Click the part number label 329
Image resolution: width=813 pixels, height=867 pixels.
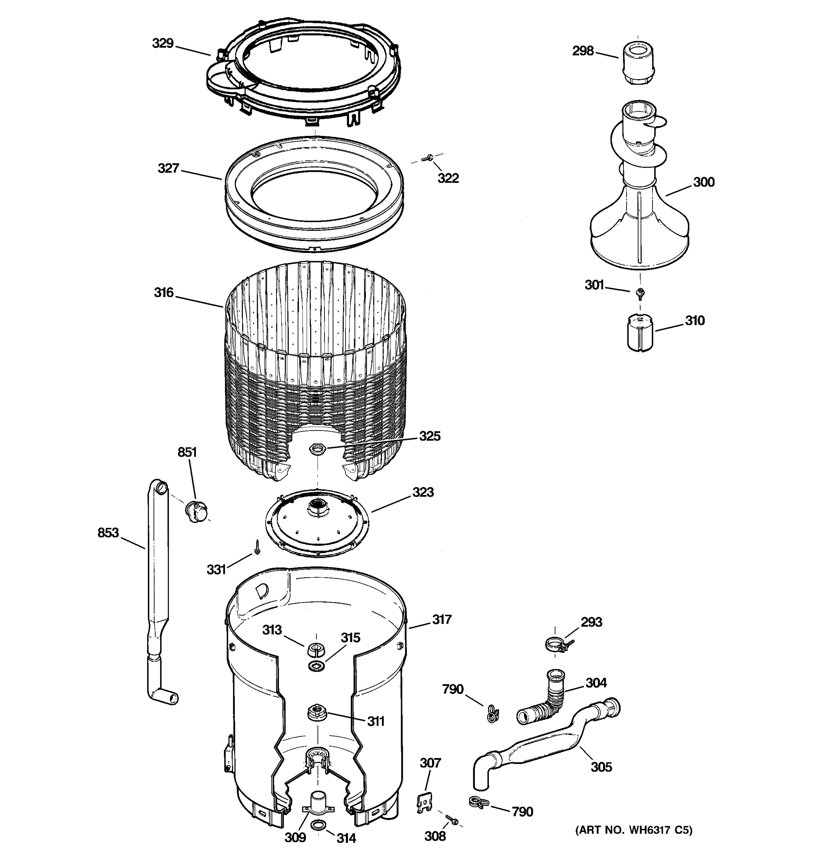tap(163, 43)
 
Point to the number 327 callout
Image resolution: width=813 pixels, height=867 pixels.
tap(168, 168)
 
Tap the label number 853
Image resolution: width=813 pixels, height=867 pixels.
tap(108, 532)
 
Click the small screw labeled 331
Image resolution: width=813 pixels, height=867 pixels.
tap(257, 547)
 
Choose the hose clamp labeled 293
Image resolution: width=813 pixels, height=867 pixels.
tap(556, 644)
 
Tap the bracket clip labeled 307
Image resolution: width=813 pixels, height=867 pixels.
tap(424, 802)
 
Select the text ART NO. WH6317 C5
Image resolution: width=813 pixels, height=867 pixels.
tap(634, 830)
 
